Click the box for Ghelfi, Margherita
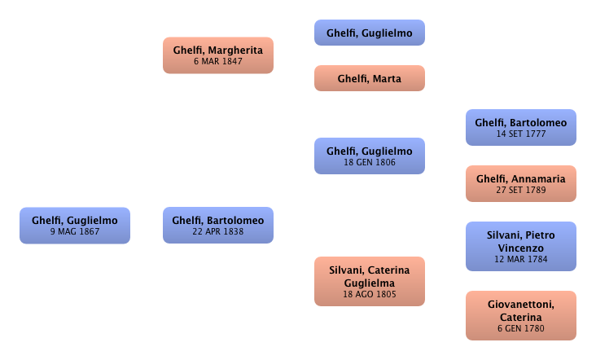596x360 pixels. (217, 55)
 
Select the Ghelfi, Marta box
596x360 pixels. (370, 79)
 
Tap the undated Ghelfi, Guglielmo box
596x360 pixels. (370, 33)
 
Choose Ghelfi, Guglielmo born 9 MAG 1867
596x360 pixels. (75, 226)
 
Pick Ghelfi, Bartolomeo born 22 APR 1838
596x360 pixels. (217, 226)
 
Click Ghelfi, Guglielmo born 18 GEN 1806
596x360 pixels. (370, 156)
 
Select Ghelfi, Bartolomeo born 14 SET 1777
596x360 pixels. (521, 128)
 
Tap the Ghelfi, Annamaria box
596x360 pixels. (521, 184)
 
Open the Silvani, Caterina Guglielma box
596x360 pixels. (370, 281)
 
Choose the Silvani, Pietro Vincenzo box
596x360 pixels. (521, 247)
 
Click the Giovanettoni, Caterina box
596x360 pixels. (521, 316)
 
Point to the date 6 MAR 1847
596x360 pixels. (217, 62)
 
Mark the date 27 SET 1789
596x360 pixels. (521, 191)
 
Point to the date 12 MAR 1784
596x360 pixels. (521, 260)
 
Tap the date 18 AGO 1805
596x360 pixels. (370, 294)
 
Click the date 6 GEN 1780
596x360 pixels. (521, 329)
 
